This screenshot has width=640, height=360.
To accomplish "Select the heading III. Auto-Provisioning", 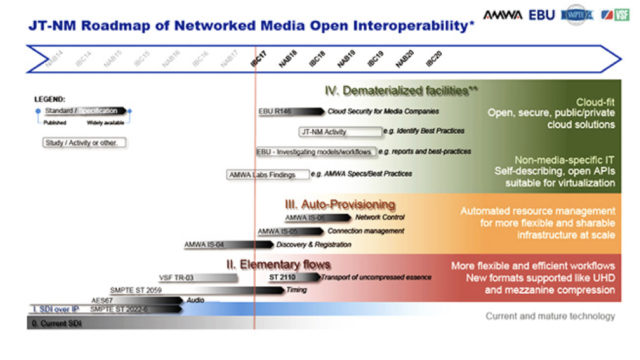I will (341, 203).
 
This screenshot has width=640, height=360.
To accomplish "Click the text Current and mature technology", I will (549, 317).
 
